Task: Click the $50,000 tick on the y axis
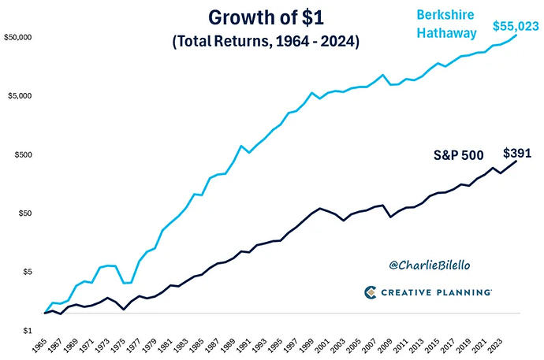pyautogui.click(x=17, y=37)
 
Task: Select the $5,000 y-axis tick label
pyautogui.click(x=20, y=96)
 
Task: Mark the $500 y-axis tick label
pyautogui.click(x=22, y=154)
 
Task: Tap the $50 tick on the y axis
pyautogui.click(x=24, y=213)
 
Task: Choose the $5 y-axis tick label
pyautogui.click(x=27, y=272)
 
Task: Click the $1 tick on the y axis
pyautogui.click(x=27, y=331)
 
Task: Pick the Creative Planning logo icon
pyautogui.click(x=371, y=292)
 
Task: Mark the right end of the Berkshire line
pyautogui.click(x=516, y=35)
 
